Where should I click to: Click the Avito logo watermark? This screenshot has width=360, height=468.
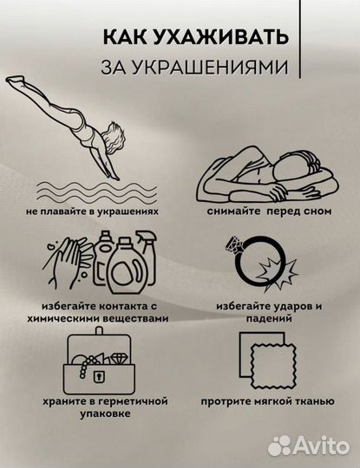click(307, 445)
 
